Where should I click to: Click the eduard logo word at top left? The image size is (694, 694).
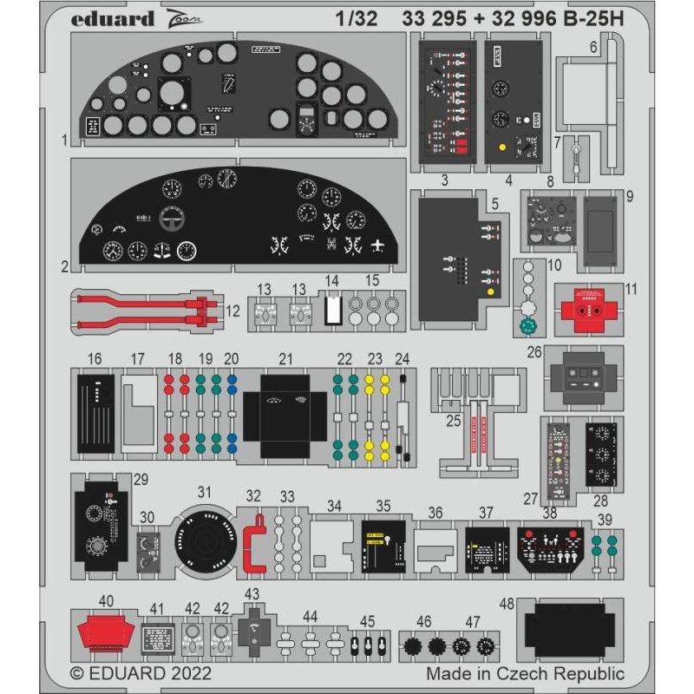coord(115,18)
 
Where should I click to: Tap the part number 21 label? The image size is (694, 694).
coord(285,357)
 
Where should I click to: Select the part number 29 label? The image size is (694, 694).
coord(141,480)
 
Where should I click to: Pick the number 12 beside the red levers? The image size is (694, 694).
coord(232,309)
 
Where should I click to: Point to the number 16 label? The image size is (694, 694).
coord(95,357)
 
